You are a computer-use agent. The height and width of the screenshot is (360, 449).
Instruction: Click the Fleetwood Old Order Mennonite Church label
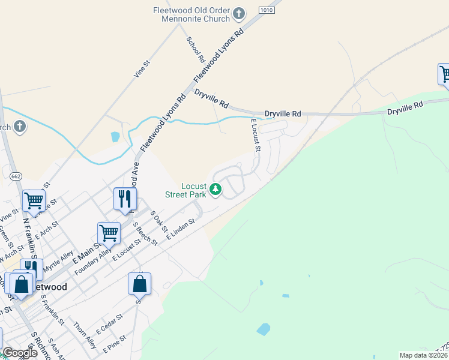pos(191,14)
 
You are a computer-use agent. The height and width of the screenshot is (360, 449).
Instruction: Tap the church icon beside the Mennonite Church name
pos(239,13)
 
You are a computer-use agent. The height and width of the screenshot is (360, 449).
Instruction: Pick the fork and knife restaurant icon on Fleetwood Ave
pos(125,199)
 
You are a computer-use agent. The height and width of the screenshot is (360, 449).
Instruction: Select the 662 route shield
pos(16,176)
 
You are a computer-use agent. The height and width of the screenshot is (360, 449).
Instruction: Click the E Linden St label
pos(181,230)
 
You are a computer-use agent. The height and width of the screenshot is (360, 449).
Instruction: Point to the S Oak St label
pos(158,221)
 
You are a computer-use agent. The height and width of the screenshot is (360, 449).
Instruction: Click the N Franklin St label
pos(30,236)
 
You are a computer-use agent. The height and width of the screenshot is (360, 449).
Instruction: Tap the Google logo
pos(20,353)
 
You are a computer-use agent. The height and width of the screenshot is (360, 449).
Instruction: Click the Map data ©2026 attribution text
pos(423,355)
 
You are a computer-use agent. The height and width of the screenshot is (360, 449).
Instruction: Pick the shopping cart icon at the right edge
pos(444,74)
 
